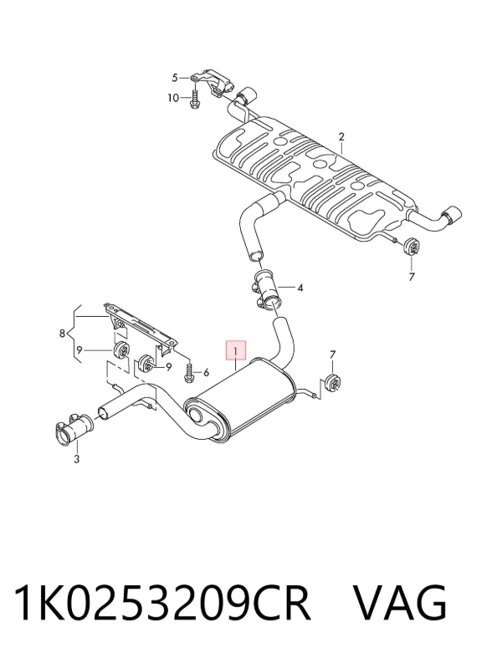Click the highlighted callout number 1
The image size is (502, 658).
click(236, 351)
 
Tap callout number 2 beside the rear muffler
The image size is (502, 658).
click(341, 136)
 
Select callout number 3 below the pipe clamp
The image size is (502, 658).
click(76, 459)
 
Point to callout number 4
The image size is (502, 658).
click(300, 288)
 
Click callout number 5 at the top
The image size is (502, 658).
click(175, 78)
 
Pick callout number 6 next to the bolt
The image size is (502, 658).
click(206, 372)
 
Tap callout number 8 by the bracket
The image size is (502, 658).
click(62, 334)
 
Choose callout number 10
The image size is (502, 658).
click(173, 98)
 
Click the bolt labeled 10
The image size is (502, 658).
click(195, 99)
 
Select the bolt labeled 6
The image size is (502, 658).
click(188, 372)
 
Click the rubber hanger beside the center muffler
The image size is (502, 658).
click(334, 382)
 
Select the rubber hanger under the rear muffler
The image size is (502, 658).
click(410, 247)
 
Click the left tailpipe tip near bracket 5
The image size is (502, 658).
click(247, 96)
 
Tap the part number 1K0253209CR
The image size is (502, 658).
click(162, 603)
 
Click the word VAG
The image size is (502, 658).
click(400, 603)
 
